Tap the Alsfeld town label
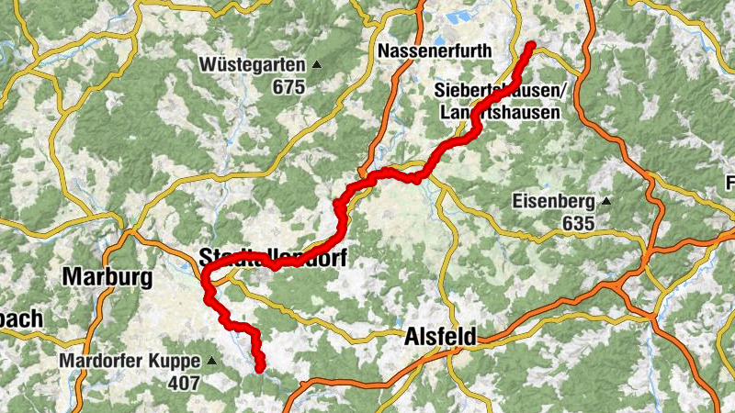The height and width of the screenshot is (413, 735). (440, 339)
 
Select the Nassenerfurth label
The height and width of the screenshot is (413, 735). (435, 50)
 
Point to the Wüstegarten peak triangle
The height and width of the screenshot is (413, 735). (317, 64)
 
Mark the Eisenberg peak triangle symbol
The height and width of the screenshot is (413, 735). (605, 201)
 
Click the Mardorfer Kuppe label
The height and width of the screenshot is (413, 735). (130, 361)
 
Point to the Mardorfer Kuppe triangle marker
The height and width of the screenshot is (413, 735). (212, 361)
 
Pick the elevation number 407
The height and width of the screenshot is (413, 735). (184, 383)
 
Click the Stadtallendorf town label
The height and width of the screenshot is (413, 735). (273, 258)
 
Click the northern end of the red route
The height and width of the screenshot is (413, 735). (531, 45)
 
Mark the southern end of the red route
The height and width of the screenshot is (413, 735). (260, 369)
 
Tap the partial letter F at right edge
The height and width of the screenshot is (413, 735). (730, 180)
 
